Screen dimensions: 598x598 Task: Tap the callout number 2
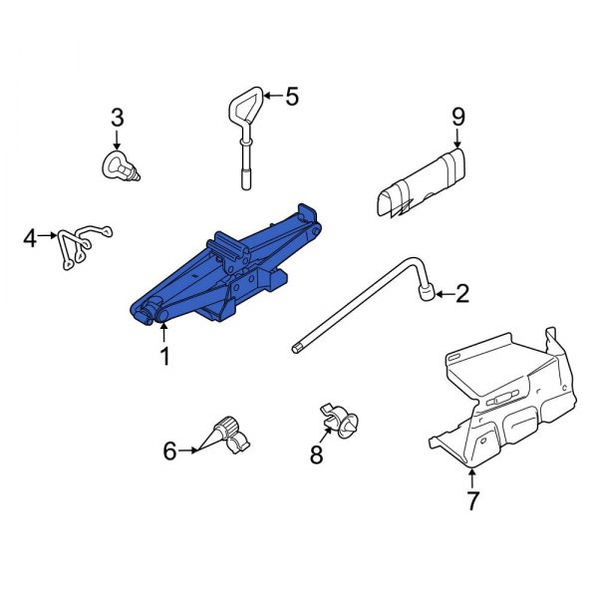point(461,293)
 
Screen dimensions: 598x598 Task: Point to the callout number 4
point(30,238)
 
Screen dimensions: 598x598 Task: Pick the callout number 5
point(292,97)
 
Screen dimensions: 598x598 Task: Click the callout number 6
point(169,451)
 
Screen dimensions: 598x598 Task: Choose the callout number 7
point(472,499)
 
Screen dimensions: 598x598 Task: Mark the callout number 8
point(317,455)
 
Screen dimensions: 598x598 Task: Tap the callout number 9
point(458,117)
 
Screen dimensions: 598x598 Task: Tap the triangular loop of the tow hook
point(246,106)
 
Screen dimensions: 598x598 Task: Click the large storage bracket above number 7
point(503,394)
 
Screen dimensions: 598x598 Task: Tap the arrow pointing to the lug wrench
point(444,293)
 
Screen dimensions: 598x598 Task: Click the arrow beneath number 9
point(458,140)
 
